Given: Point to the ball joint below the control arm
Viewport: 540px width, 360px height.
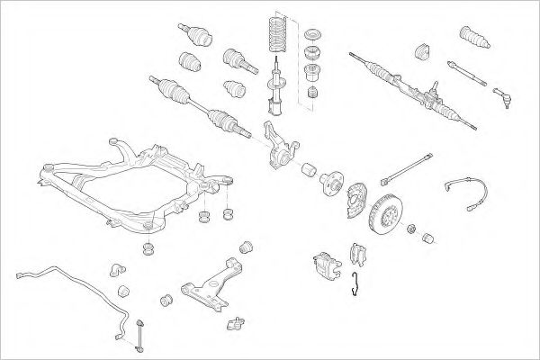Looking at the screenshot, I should click(237, 322).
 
